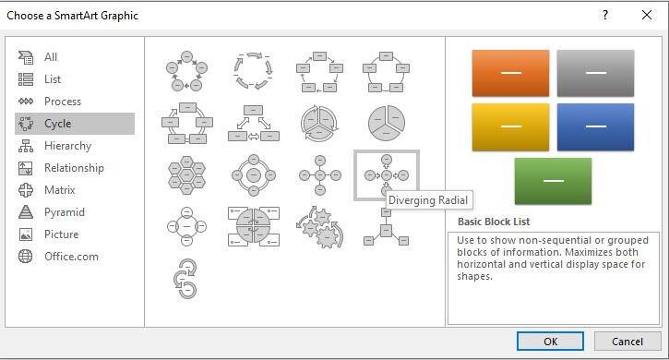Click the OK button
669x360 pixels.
tap(550, 342)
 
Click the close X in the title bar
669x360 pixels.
tap(646, 16)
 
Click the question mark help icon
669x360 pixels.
tap(605, 16)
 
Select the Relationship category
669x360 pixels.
tap(75, 168)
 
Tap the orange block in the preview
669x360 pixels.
tap(510, 73)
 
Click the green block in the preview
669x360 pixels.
tap(553, 181)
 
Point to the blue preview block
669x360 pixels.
tap(595, 126)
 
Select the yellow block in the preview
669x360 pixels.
tap(510, 126)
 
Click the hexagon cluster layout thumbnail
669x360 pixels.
tap(186, 175)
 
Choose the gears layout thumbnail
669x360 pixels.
tap(320, 227)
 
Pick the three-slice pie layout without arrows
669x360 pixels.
tap(386, 124)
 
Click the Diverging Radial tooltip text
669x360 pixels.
tap(428, 200)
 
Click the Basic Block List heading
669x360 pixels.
tap(494, 222)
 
